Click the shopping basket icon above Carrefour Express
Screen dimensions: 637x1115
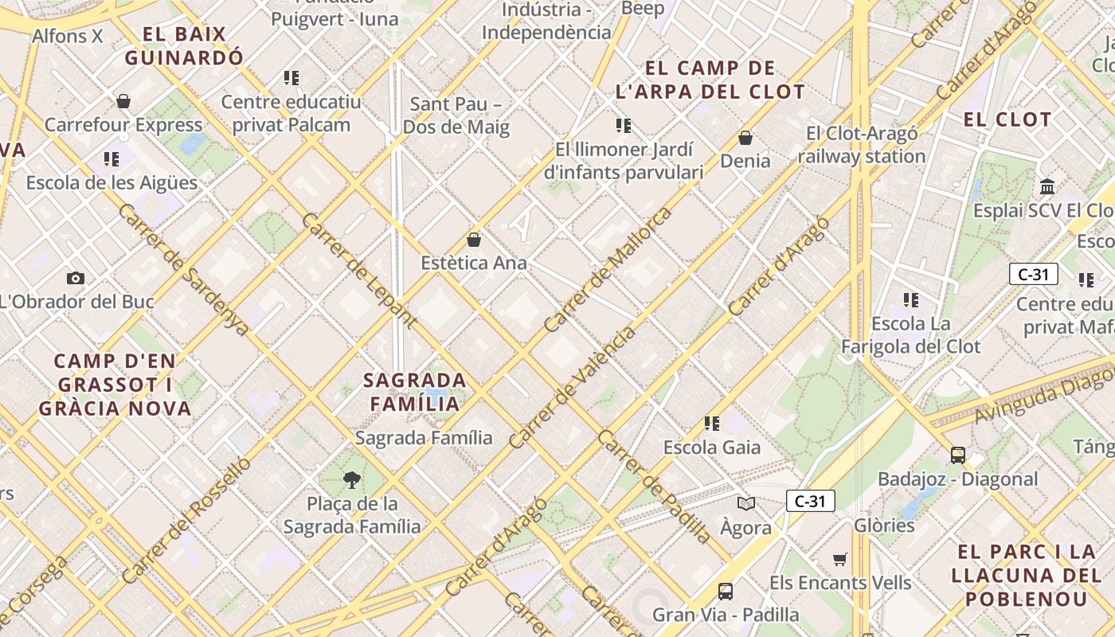tap(123, 101)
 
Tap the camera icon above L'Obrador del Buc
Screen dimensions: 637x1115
tap(76, 278)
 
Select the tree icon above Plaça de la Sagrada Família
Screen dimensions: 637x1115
tap(351, 479)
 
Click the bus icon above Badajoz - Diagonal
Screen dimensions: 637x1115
tap(957, 455)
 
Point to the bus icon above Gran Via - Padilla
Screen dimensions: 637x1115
tap(726, 591)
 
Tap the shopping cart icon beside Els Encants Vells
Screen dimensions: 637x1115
tap(839, 559)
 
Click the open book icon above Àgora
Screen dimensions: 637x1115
tap(746, 503)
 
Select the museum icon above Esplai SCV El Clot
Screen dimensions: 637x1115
tap(1047, 186)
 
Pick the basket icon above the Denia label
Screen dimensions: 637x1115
tap(745, 138)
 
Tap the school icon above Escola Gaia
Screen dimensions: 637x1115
tap(712, 423)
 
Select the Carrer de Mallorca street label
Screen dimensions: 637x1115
tap(608, 270)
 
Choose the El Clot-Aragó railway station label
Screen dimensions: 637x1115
tap(862, 145)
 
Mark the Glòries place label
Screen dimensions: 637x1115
tap(884, 526)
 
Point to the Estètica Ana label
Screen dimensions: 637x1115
tap(474, 263)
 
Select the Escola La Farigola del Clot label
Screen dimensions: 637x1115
tap(911, 335)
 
